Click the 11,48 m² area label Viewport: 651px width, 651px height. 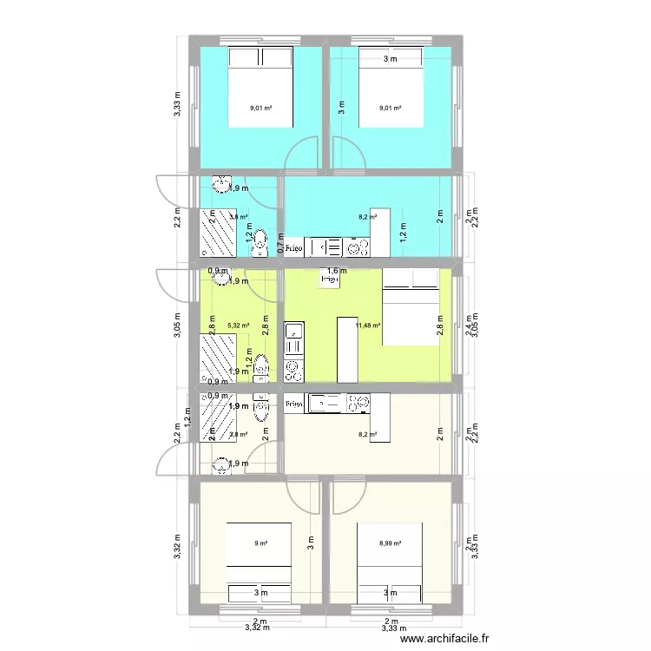[368, 326]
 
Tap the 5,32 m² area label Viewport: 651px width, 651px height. [239, 326]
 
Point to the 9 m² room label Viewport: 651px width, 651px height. [260, 544]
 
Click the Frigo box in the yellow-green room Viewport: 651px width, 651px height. [329, 280]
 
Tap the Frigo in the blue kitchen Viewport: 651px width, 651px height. [295, 247]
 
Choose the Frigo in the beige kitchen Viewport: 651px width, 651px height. [293, 404]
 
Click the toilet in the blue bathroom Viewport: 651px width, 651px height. [260, 247]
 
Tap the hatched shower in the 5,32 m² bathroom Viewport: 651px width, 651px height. [218, 358]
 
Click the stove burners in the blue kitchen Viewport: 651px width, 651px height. [356, 248]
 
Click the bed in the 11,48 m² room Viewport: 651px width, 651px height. [411, 307]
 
